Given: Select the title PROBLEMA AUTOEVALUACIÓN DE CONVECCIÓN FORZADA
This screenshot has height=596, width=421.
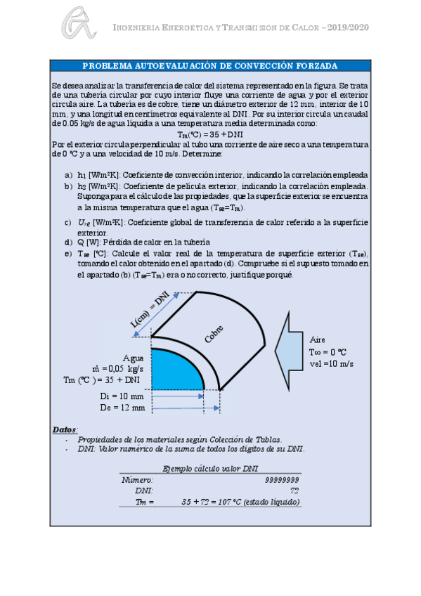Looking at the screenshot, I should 210,65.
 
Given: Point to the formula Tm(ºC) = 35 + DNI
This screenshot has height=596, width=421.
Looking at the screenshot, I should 210,134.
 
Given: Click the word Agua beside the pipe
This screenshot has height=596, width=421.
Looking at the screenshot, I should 134,357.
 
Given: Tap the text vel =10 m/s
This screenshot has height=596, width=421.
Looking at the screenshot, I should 331,363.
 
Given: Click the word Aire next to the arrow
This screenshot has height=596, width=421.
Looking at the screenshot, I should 318,338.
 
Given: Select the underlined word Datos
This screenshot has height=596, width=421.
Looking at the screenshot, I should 65,429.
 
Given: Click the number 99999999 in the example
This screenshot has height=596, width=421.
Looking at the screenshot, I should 283,479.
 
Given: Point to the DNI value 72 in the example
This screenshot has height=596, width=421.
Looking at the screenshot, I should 294,491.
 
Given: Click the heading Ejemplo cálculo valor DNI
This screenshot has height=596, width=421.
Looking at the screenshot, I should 210,468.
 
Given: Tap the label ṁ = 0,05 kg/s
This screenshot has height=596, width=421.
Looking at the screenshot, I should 118,368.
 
